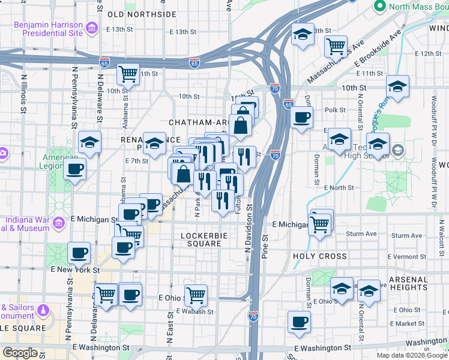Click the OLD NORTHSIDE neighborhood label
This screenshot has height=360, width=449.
[x=142, y=14]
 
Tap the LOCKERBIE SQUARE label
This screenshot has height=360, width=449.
[x=204, y=239]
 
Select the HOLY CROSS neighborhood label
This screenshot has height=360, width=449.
[x=320, y=256]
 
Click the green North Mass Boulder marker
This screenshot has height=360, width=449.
[x=379, y=7]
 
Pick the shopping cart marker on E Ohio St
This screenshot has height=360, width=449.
[x=196, y=295]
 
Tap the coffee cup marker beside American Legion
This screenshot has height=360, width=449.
[x=75, y=169]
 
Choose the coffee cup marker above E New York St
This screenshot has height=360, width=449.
[x=79, y=253]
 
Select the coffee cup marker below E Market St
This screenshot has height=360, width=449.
[x=298, y=322]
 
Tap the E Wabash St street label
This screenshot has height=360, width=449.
[x=195, y=311]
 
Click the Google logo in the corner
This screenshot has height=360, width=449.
[x=20, y=353]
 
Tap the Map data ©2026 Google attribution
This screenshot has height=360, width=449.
[x=412, y=355]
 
